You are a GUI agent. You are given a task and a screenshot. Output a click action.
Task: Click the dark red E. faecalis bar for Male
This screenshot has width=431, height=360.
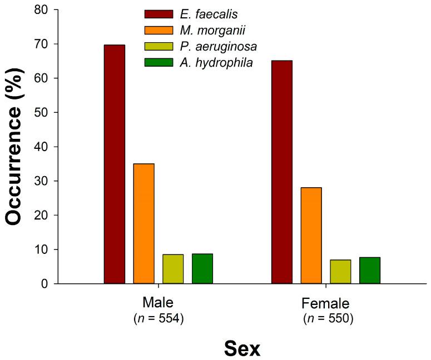(115, 164)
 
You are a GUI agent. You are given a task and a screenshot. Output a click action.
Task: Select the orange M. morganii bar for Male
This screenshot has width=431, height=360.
(143, 224)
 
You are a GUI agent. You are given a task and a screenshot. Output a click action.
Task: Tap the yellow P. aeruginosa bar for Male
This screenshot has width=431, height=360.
(173, 269)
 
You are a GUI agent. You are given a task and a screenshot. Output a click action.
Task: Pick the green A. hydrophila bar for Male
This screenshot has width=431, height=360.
(202, 269)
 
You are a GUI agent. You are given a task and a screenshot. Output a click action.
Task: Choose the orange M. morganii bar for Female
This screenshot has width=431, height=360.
(311, 236)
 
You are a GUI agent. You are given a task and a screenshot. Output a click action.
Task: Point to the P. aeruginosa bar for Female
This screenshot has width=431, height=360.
(340, 272)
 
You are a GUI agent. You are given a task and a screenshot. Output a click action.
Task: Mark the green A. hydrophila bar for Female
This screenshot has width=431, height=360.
(370, 271)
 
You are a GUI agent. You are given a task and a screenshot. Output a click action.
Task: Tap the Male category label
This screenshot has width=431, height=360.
(158, 303)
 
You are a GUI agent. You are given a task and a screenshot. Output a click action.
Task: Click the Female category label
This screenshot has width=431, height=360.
(325, 304)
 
